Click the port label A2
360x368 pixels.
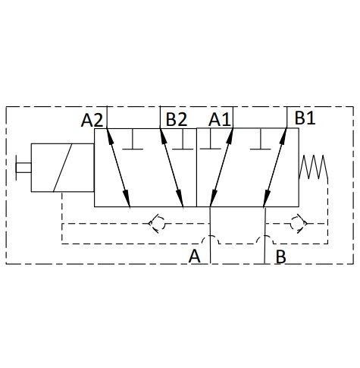(92, 120)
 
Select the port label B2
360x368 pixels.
(177, 119)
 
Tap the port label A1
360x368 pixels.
(219, 119)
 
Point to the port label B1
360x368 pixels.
(305, 118)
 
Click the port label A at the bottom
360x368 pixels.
(195, 256)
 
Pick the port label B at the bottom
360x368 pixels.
(280, 257)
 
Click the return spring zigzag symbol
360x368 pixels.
(313, 167)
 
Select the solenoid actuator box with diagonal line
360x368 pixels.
(63, 168)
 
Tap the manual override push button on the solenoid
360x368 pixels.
(23, 168)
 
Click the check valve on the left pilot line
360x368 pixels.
(157, 224)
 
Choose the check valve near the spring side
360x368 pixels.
(299, 224)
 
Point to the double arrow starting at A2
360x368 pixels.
(118, 168)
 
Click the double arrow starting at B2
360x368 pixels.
(171, 168)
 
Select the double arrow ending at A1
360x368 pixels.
(221, 168)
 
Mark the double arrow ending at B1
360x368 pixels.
(275, 168)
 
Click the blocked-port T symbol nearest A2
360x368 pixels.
(133, 140)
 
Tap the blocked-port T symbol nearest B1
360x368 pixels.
(261, 140)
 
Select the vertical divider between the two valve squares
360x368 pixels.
(196, 168)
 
